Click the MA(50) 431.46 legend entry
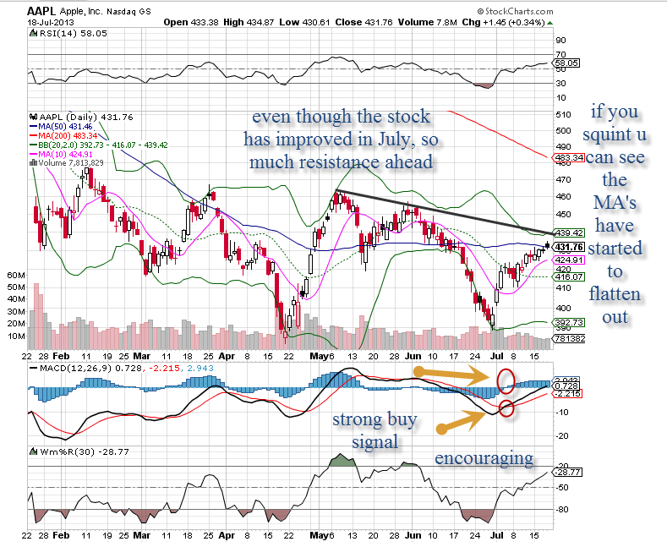(x=61, y=126)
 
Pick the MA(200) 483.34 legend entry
(x=63, y=135)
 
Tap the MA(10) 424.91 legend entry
(x=61, y=153)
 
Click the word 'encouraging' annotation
(x=484, y=458)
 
